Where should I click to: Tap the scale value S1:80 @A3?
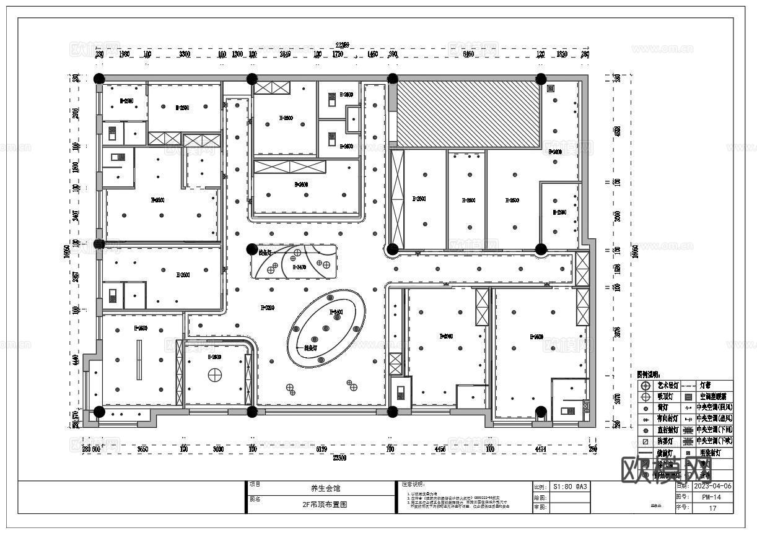(569, 487)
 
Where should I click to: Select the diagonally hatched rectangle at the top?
(468, 115)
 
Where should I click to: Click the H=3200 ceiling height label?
(268, 308)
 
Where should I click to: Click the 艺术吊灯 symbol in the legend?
(646, 385)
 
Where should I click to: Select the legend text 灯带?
(705, 385)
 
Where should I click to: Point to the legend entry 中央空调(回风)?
(714, 407)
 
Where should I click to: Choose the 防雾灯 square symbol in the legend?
(646, 441)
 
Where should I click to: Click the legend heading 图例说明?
(649, 375)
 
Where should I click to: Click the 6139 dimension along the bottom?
(321, 449)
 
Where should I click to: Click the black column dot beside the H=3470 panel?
(252, 249)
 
